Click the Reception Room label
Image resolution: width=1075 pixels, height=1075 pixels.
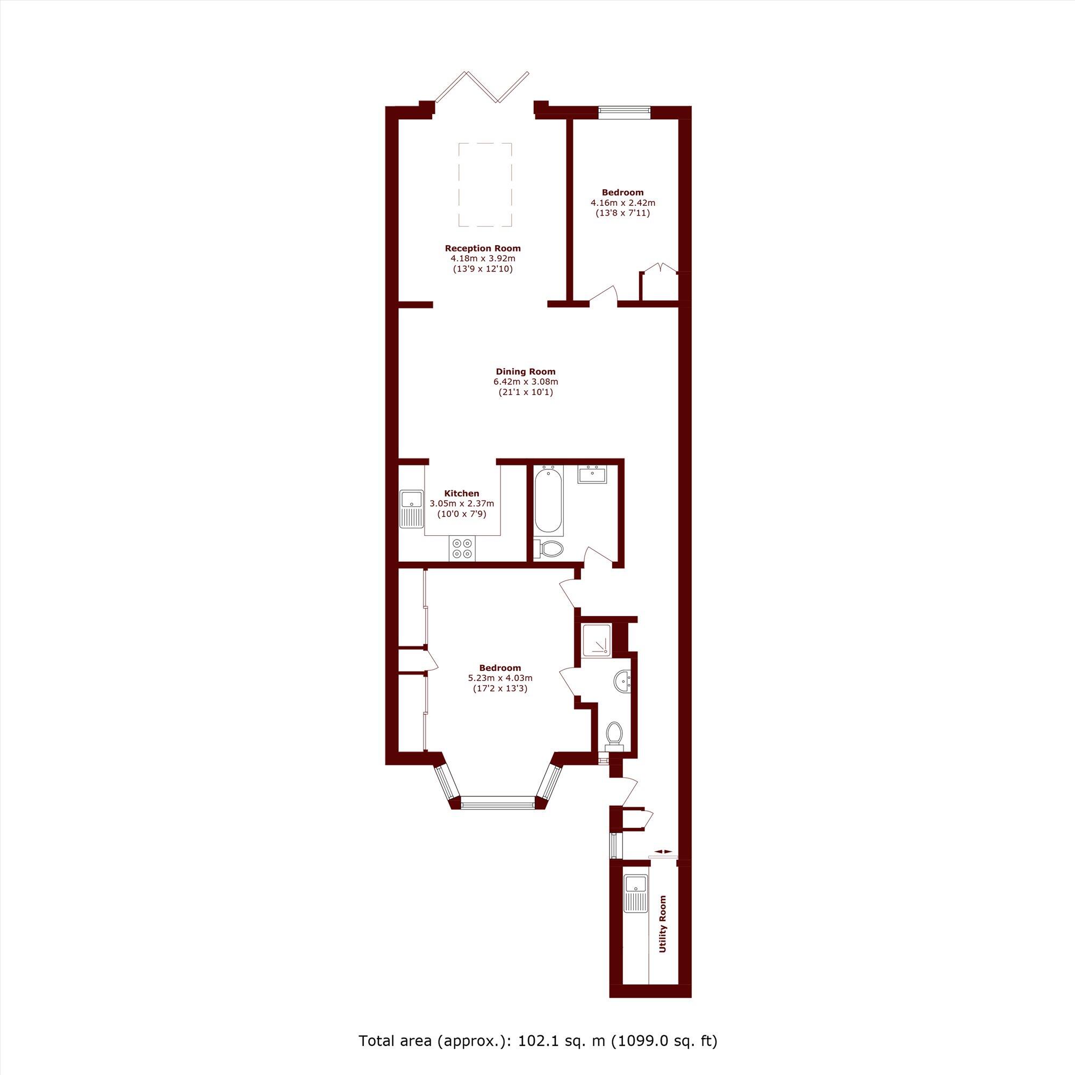click(483, 248)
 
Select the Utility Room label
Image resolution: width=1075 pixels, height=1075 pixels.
click(662, 928)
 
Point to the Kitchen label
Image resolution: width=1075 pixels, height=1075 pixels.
click(461, 493)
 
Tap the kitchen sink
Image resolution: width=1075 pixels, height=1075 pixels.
click(411, 508)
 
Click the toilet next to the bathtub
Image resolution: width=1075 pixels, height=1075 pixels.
click(550, 549)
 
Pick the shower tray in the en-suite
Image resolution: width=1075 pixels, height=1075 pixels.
click(596, 639)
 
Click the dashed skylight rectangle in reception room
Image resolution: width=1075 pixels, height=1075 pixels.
click(485, 184)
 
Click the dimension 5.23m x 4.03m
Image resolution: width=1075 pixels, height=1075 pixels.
click(500, 678)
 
